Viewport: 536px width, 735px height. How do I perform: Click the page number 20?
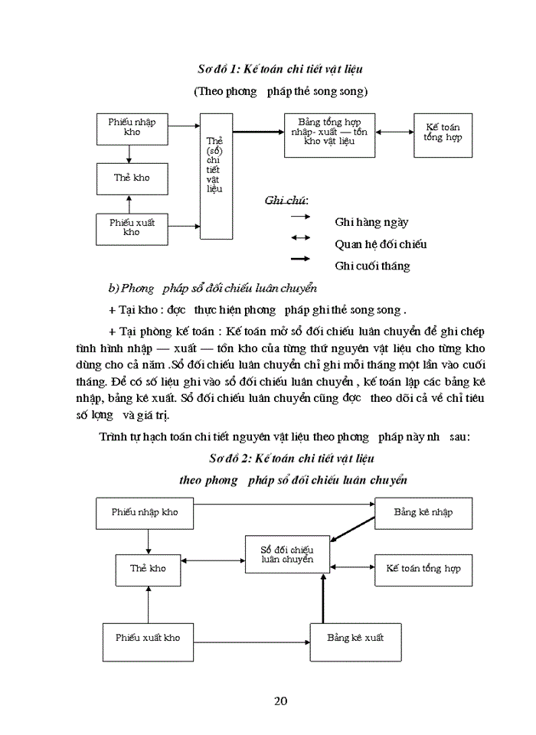(x=280, y=701)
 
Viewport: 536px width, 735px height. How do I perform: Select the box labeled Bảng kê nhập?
(x=423, y=512)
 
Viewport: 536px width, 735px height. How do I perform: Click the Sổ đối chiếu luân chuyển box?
(x=286, y=554)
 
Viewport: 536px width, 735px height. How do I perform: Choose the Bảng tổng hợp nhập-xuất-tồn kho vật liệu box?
(x=329, y=136)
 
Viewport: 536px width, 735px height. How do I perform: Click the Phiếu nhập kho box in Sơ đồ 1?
(x=132, y=128)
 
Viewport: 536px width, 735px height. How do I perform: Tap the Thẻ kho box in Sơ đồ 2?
(x=148, y=569)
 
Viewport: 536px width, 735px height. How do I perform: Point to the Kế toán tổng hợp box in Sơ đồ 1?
(x=443, y=135)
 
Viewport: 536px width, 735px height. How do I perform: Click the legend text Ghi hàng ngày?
(x=371, y=222)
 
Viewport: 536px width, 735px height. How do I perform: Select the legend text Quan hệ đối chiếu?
(x=381, y=244)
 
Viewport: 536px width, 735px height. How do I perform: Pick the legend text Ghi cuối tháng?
(x=372, y=266)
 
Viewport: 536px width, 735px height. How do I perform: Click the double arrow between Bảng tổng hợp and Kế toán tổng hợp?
(x=394, y=132)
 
